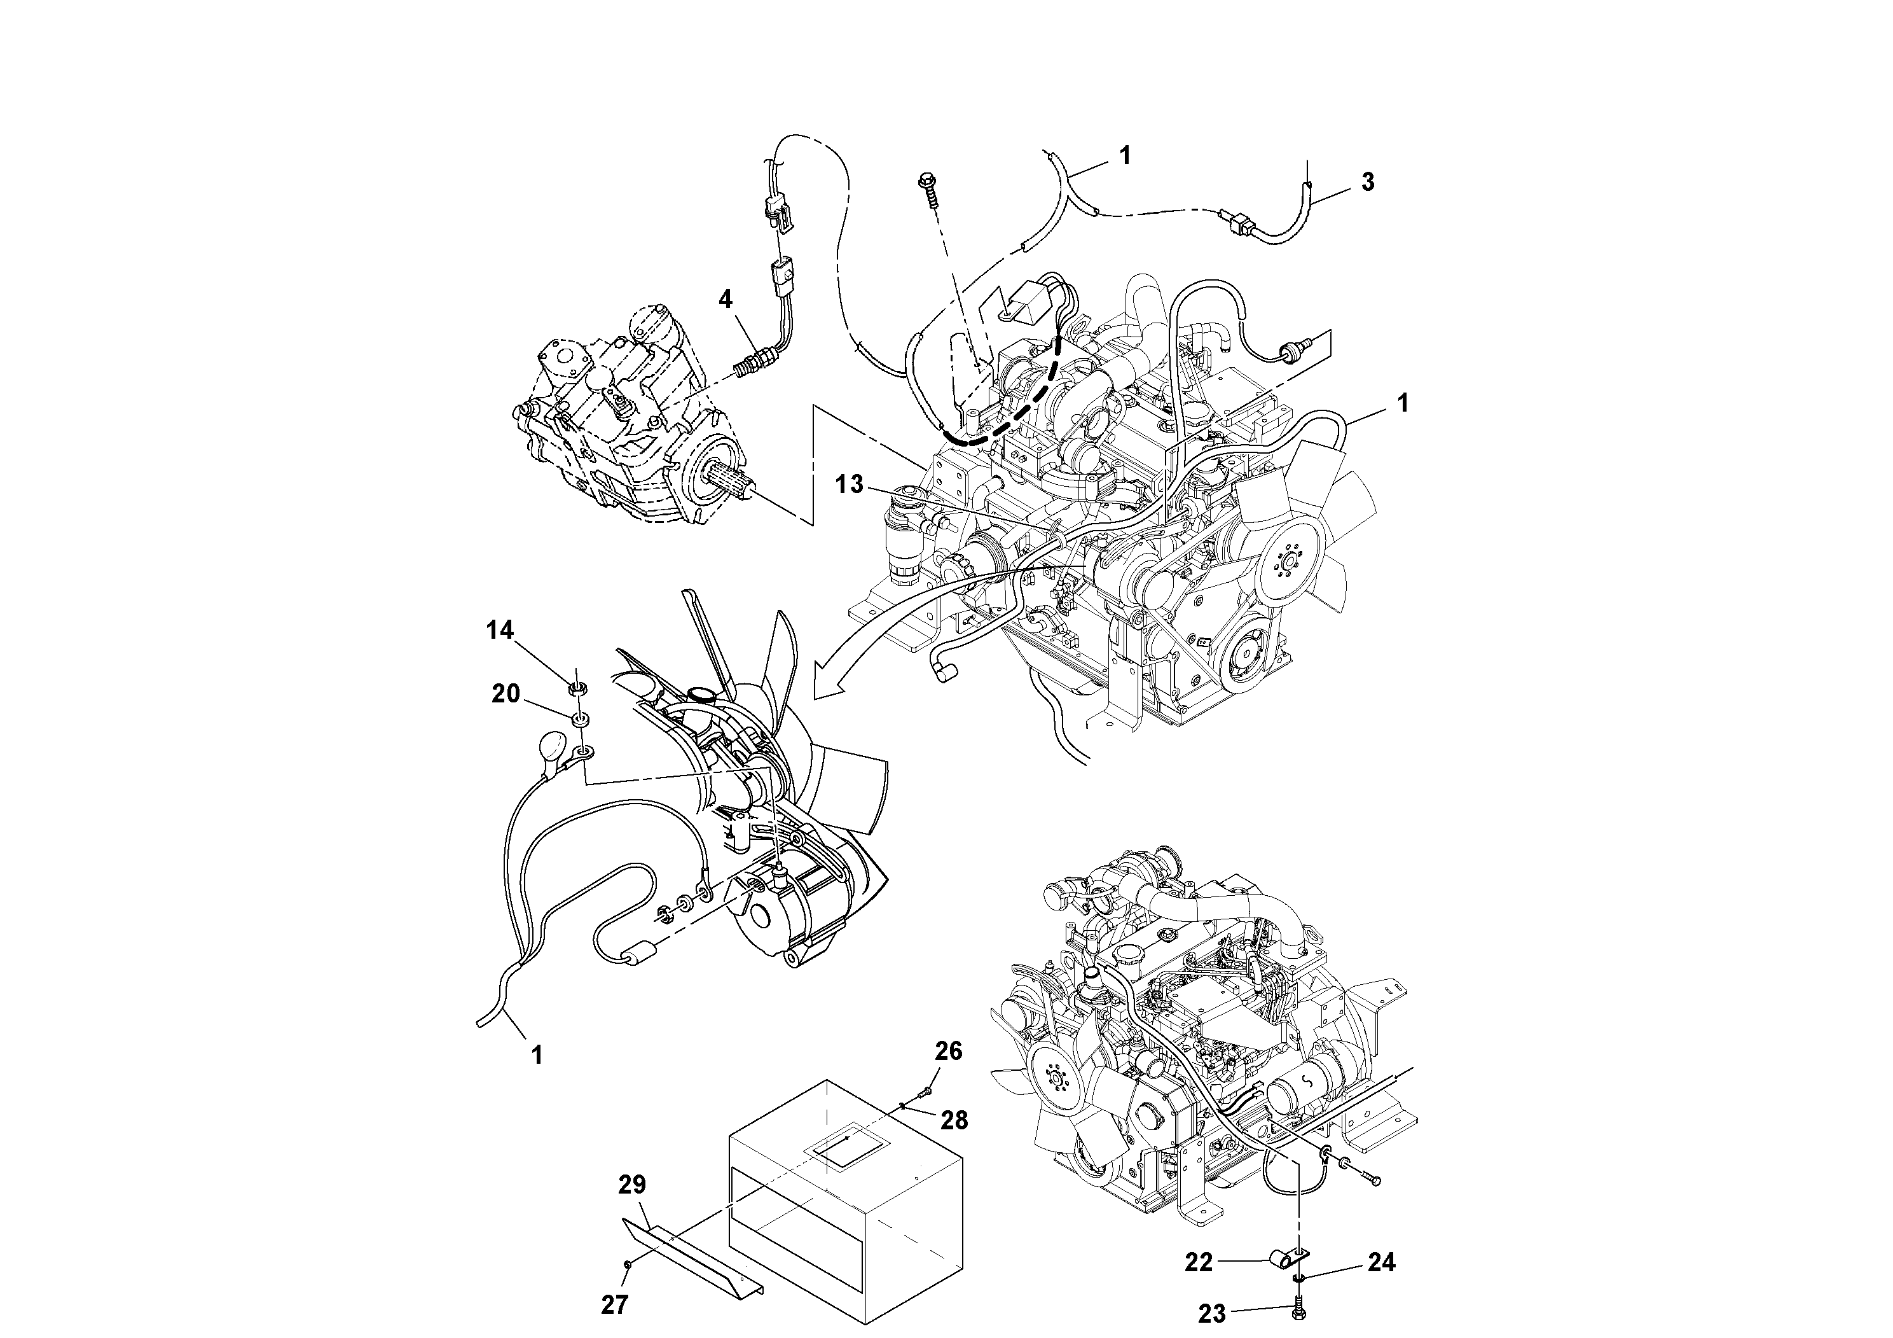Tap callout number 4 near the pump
coord(725,298)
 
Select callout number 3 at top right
coord(1368,183)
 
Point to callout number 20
coord(506,693)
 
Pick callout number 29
coord(632,1185)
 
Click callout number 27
coord(615,1304)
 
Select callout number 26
coord(948,1051)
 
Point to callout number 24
coord(1382,1263)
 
